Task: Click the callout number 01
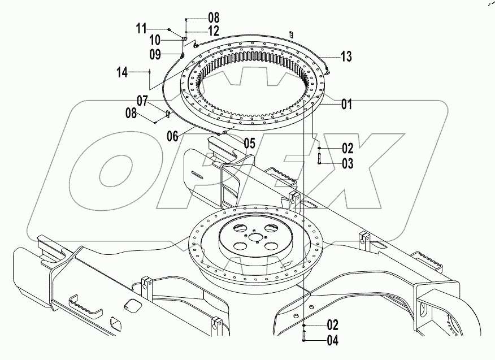[x=346, y=104]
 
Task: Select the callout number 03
[x=348, y=164]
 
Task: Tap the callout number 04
[x=333, y=340]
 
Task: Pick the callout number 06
[x=172, y=136]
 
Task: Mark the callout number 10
[x=154, y=40]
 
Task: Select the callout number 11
[x=140, y=28]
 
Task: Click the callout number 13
[x=346, y=56]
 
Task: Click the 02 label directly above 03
[x=348, y=149]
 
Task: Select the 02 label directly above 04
[x=333, y=325]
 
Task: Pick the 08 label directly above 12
[x=198, y=17]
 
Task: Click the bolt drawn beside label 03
[x=319, y=159]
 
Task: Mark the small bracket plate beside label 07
[x=167, y=115]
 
